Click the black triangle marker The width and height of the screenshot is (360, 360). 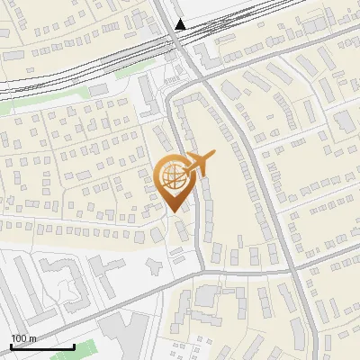(182, 25)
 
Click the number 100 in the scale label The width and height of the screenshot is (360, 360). (19, 338)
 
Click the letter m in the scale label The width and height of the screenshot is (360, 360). (33, 338)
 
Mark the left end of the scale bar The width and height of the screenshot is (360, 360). (11, 346)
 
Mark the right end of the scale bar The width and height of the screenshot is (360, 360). (75, 346)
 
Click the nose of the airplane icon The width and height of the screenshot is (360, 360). (214, 157)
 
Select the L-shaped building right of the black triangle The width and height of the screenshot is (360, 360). (210, 54)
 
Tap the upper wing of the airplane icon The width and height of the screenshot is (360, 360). (195, 156)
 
